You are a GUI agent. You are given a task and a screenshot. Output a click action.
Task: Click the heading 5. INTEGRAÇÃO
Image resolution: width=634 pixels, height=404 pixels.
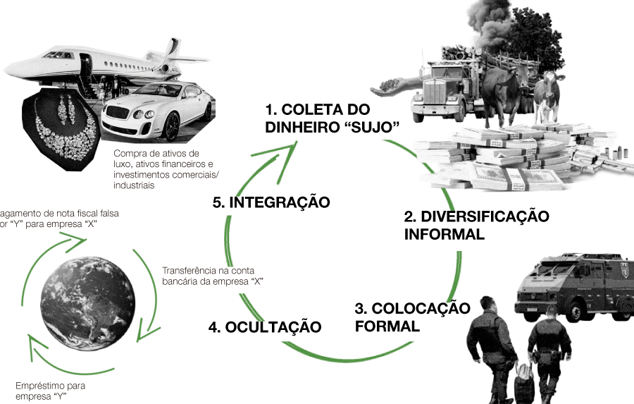[271, 202]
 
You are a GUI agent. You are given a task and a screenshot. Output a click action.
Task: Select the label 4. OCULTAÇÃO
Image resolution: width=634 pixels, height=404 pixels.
[265, 327]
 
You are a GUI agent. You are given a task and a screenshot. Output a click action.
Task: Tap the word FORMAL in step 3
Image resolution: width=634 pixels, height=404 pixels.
[387, 326]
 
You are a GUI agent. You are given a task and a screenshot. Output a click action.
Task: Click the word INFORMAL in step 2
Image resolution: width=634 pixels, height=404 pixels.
[445, 234]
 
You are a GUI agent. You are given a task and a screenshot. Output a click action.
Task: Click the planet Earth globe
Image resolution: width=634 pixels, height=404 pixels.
[88, 303]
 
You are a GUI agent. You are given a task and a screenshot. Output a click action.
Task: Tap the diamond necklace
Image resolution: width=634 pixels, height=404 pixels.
[65, 130]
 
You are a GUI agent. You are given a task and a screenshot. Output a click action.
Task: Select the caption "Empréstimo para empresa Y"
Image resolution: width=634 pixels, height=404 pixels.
[51, 391]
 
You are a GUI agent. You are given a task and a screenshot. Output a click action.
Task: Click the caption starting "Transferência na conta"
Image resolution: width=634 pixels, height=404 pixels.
[213, 276]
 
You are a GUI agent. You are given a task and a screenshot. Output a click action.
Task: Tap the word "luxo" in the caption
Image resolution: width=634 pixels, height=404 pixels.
[122, 164]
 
